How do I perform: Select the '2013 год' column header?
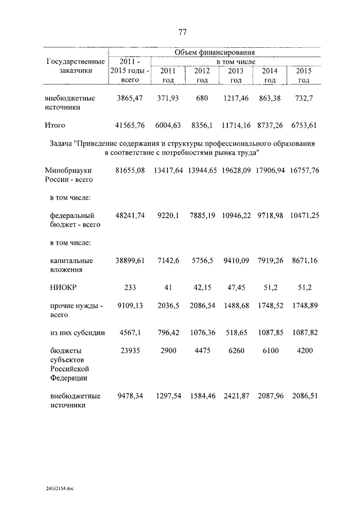236,75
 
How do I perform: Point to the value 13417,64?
168,170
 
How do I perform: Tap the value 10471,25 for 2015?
305,216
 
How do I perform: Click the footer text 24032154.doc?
60,489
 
